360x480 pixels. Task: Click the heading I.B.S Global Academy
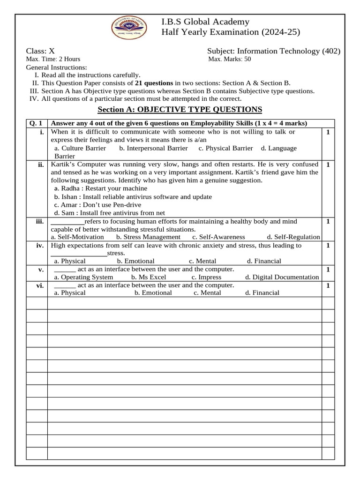coord(205,22)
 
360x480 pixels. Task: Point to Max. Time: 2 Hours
coord(53,59)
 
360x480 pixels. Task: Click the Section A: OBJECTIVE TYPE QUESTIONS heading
coord(180,110)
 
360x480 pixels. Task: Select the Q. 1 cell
coord(36,123)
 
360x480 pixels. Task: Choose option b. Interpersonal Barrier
coord(153,148)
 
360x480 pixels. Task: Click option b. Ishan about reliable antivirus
coord(133,197)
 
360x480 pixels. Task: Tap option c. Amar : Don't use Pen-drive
coord(97,205)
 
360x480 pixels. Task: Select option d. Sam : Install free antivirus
coord(110,213)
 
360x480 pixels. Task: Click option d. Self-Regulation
coord(293,237)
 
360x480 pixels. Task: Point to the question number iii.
coord(39,221)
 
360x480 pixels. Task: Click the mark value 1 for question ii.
coord(328,165)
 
